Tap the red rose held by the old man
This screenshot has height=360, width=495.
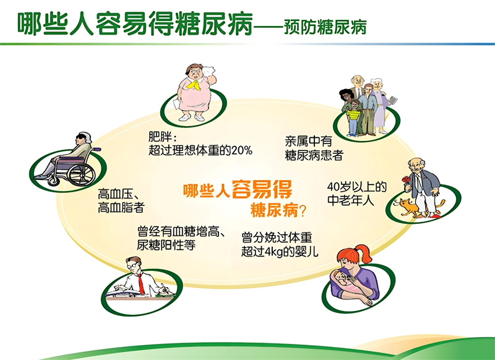(406, 180)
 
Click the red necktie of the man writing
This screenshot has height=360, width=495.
(141, 284)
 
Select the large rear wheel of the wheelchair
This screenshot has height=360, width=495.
(81, 174)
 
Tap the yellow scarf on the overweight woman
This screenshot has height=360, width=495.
(194, 84)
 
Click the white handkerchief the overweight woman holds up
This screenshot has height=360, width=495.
(209, 71)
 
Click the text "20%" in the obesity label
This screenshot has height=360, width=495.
(242, 150)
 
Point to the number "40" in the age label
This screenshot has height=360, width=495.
(333, 187)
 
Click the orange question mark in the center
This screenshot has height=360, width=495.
(302, 211)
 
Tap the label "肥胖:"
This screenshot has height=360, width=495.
(163, 137)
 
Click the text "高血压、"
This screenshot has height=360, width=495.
(116, 194)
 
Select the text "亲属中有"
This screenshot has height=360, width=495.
(308, 141)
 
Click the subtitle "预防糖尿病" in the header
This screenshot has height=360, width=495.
(325, 27)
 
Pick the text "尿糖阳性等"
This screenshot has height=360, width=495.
(166, 245)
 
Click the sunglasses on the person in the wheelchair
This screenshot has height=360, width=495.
(81, 136)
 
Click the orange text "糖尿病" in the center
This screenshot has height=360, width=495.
(274, 210)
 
